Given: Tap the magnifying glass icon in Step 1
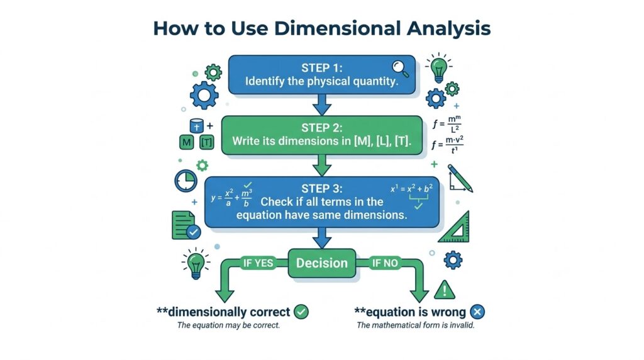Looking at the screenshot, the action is (400, 69).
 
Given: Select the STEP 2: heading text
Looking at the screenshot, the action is (321, 128).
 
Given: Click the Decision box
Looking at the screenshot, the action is (322, 263).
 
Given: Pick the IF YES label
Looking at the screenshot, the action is (258, 263).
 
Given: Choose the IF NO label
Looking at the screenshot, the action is (385, 263).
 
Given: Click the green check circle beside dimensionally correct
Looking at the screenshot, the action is (301, 312).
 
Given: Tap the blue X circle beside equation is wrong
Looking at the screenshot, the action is (477, 312).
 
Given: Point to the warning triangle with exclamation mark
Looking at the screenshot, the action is (445, 290).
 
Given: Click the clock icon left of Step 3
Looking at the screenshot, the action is (186, 181).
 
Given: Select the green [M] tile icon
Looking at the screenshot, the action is (186, 142).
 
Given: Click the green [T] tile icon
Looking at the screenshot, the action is (206, 142).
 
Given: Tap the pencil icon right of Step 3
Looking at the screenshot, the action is (460, 178).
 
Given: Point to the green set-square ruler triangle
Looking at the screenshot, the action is (455, 228).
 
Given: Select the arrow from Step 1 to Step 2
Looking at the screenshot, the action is (321, 105).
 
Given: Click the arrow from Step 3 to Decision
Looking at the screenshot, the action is (321, 238).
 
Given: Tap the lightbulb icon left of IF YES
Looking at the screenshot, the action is (196, 264).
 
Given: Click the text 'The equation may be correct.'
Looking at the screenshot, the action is (228, 325).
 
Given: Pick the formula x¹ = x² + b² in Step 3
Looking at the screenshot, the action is (411, 189).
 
